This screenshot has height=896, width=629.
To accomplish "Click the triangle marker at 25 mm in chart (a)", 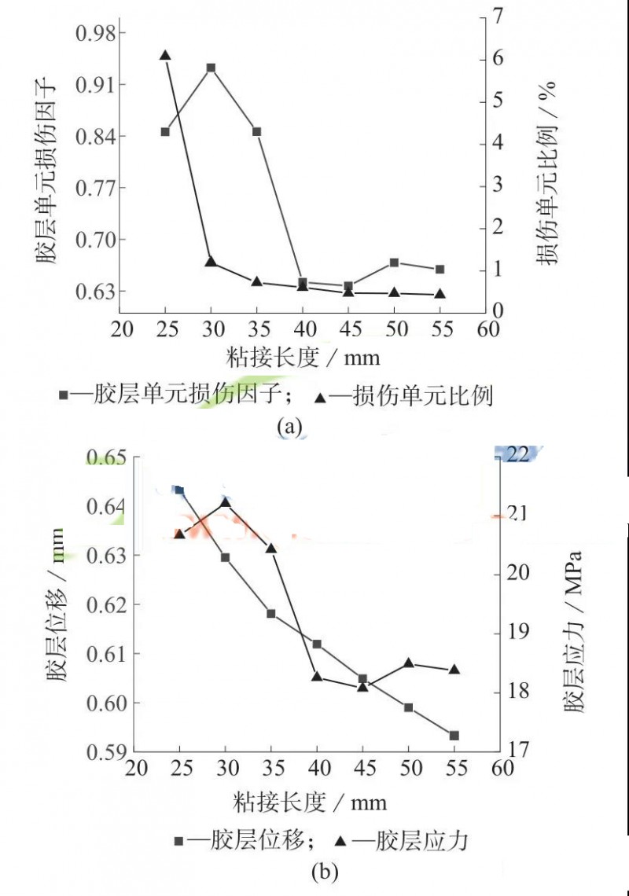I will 165,55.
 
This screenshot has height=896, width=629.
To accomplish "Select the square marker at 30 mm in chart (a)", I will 211,68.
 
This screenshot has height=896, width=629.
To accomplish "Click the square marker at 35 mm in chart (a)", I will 256,131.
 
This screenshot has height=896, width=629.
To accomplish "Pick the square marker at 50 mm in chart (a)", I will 394,263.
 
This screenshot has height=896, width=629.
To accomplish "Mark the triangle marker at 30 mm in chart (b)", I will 226,502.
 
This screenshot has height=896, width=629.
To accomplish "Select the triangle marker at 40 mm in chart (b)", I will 317,676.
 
